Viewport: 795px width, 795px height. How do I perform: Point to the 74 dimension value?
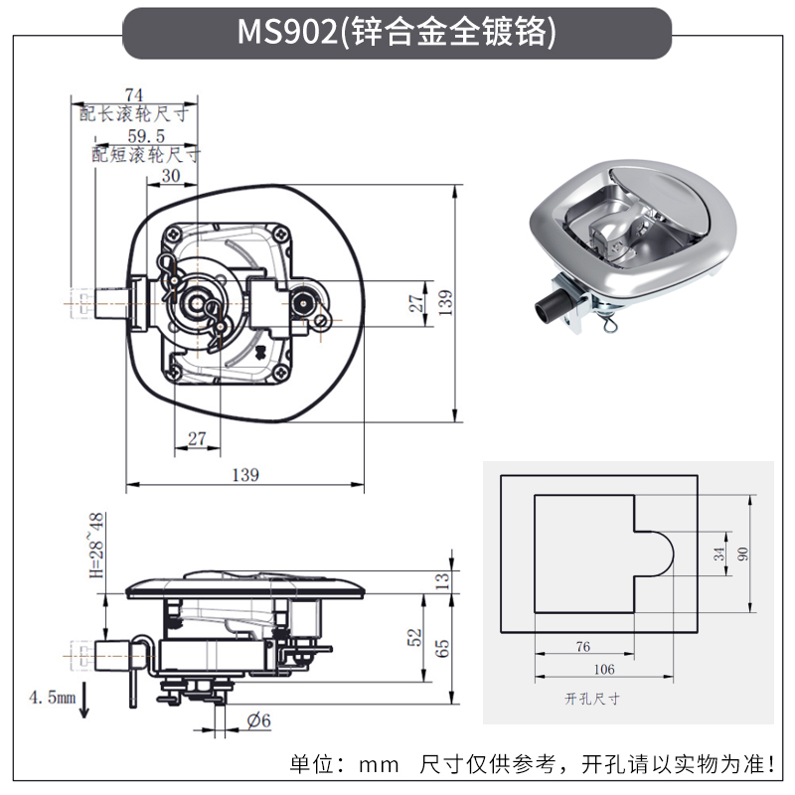tap(134, 94)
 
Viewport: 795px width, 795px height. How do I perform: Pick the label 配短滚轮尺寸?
tap(146, 155)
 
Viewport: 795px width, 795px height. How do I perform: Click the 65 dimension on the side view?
tap(443, 649)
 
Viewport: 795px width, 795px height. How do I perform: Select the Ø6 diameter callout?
tap(258, 720)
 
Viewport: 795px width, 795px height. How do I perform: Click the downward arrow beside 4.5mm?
tap(85, 703)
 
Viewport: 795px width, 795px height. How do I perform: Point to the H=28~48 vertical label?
tap(95, 546)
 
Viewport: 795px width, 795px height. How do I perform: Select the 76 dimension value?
tap(583, 647)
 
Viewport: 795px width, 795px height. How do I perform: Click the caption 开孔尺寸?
tap(591, 699)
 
